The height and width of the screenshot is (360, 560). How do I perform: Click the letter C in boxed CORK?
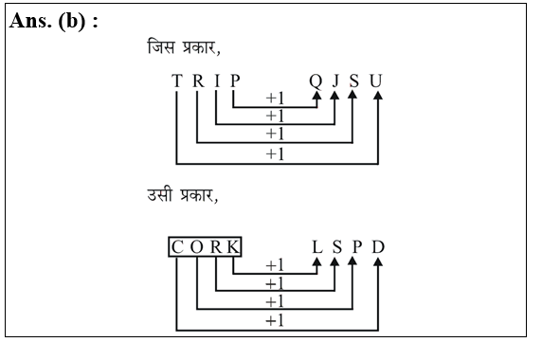(177, 247)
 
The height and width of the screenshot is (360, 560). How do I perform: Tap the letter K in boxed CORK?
(233, 247)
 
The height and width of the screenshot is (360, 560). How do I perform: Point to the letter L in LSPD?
(316, 247)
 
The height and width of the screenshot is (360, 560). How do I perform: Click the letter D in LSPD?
(377, 247)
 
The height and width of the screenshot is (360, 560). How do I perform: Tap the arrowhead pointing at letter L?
(316, 266)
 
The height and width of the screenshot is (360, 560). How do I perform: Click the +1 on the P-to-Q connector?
(276, 99)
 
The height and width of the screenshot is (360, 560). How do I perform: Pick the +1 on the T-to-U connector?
(276, 153)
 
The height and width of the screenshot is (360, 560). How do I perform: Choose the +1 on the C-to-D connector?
(276, 320)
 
